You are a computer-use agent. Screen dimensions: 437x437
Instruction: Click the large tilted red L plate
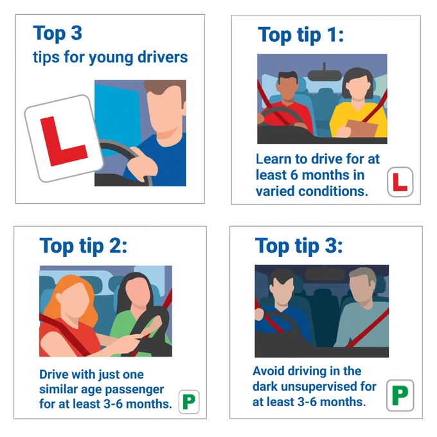coord(64,139)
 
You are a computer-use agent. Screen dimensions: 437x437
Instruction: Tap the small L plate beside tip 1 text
coord(400,182)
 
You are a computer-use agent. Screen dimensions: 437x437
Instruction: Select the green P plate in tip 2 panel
coord(189,402)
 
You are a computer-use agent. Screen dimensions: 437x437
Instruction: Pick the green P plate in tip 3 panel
coord(400,395)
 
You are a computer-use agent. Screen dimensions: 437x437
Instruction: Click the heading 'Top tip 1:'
coord(301,35)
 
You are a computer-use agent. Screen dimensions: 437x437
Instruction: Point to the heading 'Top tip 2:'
coord(84,245)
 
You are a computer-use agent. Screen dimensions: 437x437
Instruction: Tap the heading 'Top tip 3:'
coord(299,245)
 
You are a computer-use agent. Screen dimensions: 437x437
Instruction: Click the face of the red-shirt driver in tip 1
coord(288,89)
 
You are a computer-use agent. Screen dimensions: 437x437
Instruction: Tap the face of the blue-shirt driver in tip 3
coord(282,290)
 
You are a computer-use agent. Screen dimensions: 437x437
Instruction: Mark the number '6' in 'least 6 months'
coord(294,175)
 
